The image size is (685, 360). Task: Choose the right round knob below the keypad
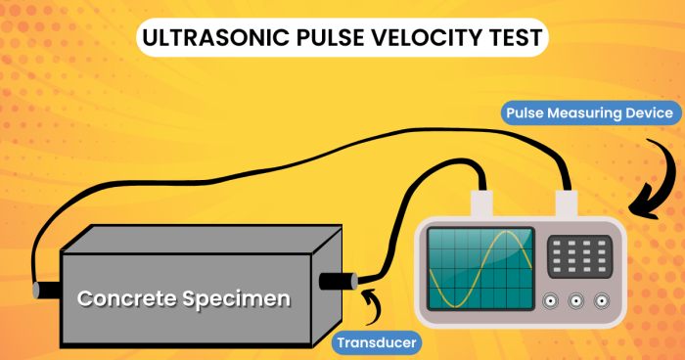click(600, 302)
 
